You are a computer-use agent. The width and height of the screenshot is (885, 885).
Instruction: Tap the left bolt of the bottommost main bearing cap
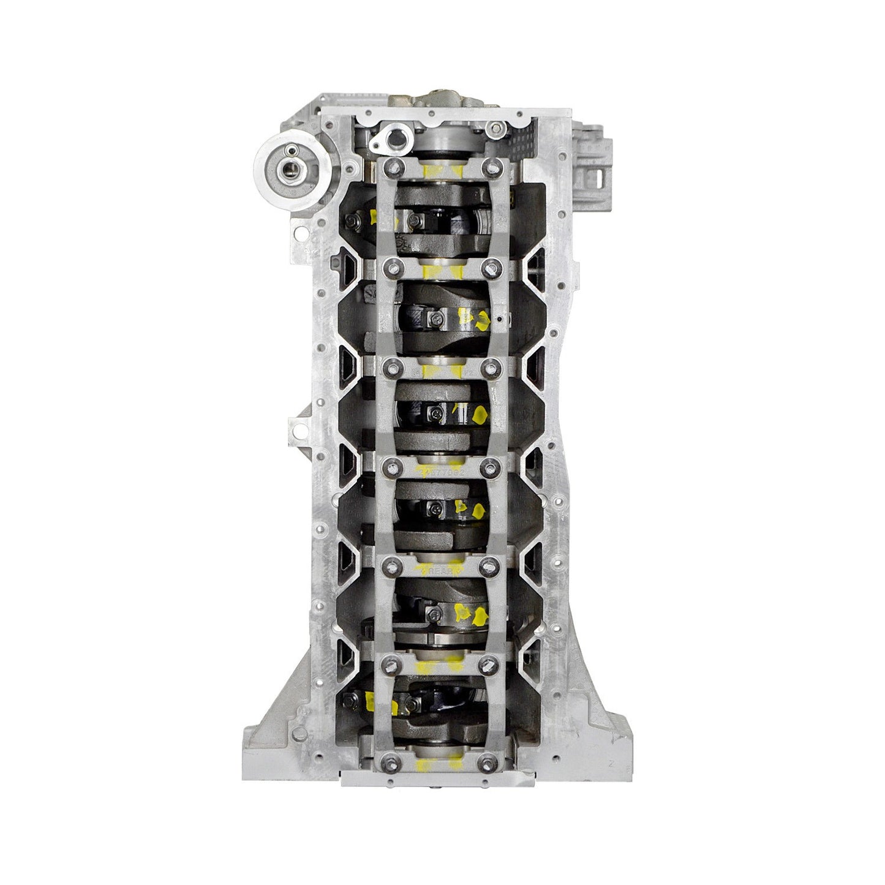tap(390, 761)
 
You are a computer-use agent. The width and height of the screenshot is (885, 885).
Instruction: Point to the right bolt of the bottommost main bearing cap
tap(488, 761)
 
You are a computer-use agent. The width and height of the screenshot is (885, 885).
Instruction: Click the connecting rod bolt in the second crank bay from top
tap(434, 317)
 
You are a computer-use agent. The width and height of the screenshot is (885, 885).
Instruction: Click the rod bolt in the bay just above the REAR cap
tap(434, 508)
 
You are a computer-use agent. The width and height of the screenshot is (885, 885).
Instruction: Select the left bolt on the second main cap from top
tap(390, 265)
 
